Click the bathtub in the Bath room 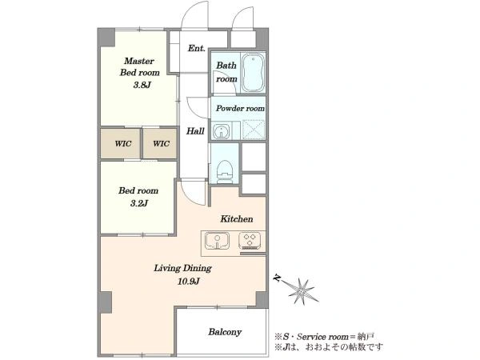[x=253, y=73]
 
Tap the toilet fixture [x=224, y=171]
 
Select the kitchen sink [x=217, y=240]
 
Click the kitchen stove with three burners [x=250, y=241]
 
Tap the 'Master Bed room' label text [x=139, y=66]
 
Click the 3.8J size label [x=142, y=85]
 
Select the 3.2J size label [x=139, y=203]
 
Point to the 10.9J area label [x=189, y=281]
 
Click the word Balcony [x=225, y=332]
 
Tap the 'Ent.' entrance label [x=196, y=48]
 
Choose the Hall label [x=195, y=131]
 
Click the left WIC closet [x=121, y=143]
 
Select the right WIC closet [x=160, y=143]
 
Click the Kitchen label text [x=237, y=219]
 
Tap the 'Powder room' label [x=240, y=108]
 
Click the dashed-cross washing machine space [x=253, y=130]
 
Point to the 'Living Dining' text [x=182, y=268]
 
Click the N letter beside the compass [x=278, y=278]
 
